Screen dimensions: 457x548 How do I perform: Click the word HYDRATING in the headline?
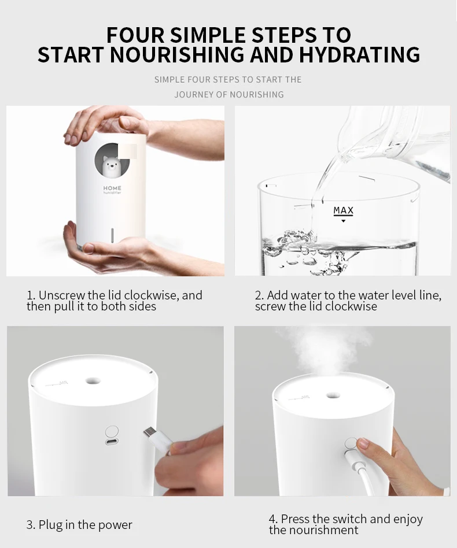pyautogui.click(x=359, y=55)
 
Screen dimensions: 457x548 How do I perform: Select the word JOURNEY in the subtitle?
pyautogui.click(x=191, y=94)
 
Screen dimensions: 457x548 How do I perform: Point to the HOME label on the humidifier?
pyautogui.click(x=112, y=188)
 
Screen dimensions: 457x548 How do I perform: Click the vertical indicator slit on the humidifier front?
pyautogui.click(x=112, y=235)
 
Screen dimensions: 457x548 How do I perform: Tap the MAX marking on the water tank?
pyautogui.click(x=344, y=210)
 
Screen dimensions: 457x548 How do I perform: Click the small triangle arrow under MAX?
pyautogui.click(x=344, y=221)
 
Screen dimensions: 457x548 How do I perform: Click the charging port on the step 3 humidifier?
pyautogui.click(x=112, y=442)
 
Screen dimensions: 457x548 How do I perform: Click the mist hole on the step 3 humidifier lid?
pyautogui.click(x=93, y=380)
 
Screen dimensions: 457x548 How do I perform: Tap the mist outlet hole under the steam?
pyautogui.click(x=333, y=395)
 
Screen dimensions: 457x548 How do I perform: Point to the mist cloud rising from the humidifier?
pyautogui.click(x=325, y=353)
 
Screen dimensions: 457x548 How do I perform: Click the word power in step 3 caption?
pyautogui.click(x=115, y=525)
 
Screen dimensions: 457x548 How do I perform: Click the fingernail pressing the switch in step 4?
pyautogui.click(x=363, y=443)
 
